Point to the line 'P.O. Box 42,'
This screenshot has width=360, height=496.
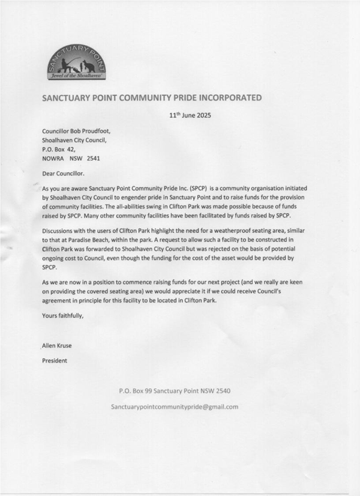pos(59,150)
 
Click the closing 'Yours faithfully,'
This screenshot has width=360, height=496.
pos(63,315)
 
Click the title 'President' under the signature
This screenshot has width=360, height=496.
pos(55,361)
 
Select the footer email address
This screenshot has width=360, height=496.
pos(175,407)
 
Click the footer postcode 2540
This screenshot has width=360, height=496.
pos(221,391)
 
